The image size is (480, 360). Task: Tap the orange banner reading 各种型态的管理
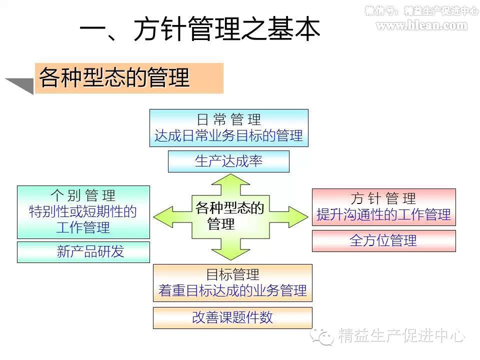coord(129,78)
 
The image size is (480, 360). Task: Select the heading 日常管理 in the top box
coord(228,119)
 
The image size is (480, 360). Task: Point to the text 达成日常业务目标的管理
coord(228,135)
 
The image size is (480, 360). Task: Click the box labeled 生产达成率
coord(228,161)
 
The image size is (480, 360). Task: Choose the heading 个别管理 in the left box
coord(83,195)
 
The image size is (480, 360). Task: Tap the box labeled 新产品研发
coord(83,252)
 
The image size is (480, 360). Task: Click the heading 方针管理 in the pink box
coord(383,198)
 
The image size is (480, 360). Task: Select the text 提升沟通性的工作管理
coord(383,214)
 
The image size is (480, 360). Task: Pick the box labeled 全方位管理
coord(384,240)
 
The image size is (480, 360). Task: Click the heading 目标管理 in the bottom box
coord(232,274)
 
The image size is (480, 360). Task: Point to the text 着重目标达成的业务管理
coord(232,290)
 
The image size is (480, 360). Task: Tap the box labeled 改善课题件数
coord(232,318)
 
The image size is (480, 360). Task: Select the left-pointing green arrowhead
coord(163,217)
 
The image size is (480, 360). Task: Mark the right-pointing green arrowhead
coord(298,217)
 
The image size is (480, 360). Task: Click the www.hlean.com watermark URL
coord(422,25)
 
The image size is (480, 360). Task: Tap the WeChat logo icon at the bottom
coord(322,336)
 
